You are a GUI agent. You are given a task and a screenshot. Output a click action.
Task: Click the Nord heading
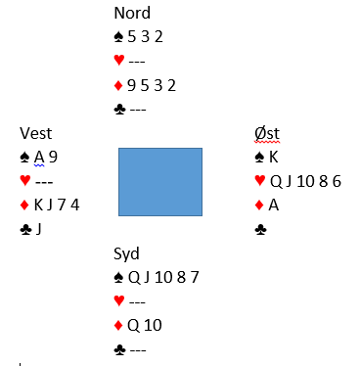point(132,13)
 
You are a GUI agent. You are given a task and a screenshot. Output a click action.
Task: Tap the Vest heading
point(35,133)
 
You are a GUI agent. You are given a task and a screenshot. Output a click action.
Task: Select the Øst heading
point(267,133)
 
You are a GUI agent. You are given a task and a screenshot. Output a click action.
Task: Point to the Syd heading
point(126,253)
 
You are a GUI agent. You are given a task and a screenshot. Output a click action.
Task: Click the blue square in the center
point(160,182)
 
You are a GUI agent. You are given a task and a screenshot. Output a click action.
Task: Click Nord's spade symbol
point(118,37)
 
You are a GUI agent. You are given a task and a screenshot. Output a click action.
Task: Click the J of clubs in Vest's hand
point(39,229)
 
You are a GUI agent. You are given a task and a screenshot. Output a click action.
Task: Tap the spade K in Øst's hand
point(274,158)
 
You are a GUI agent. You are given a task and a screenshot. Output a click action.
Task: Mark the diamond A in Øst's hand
point(274,206)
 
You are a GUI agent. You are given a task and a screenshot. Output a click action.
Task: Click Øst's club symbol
point(260,230)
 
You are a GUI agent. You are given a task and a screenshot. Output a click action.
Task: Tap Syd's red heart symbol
point(119,300)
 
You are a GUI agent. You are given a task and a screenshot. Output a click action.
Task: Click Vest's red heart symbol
point(25,180)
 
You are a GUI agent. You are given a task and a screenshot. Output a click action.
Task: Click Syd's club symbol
point(119,350)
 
